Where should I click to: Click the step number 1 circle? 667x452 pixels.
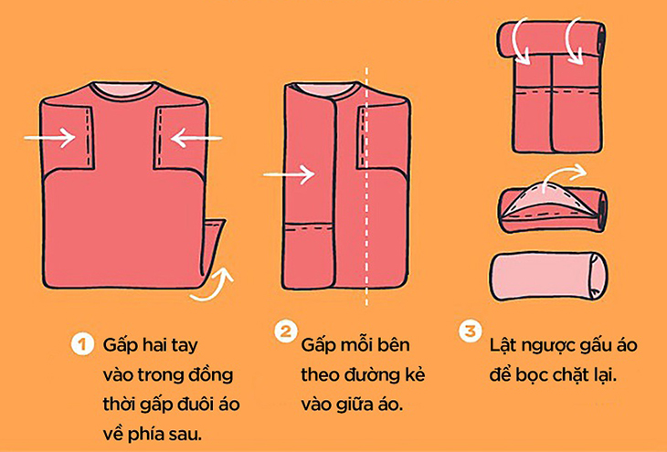81,346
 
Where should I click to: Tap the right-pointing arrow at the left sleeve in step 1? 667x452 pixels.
50,138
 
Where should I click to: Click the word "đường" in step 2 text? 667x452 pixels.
370,373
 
